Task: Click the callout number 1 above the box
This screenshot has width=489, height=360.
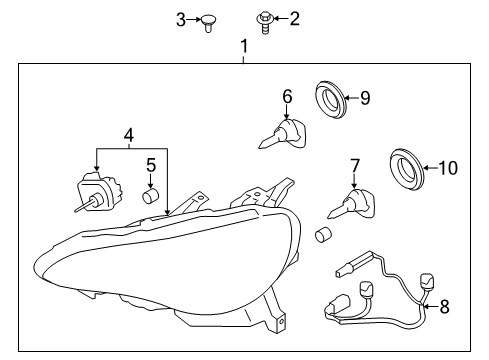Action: [244, 46]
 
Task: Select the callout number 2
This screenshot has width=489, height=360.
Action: [294, 19]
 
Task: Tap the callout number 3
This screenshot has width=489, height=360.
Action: [181, 20]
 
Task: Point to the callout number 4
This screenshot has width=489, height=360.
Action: [129, 136]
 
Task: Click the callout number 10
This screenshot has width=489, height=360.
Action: [448, 168]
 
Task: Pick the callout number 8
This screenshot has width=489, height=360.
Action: [445, 307]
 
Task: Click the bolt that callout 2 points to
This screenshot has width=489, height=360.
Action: [265, 22]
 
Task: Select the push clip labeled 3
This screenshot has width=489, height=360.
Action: [208, 23]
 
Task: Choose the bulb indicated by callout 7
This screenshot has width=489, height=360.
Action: [352, 204]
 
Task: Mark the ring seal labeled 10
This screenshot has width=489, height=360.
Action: [407, 169]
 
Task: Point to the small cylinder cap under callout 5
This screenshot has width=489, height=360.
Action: [150, 196]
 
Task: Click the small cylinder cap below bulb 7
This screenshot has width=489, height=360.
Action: [323, 235]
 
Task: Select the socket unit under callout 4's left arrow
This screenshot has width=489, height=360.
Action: [99, 192]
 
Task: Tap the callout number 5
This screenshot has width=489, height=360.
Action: [151, 165]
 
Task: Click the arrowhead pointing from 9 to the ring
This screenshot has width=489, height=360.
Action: [347, 98]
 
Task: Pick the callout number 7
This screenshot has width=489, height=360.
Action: [355, 166]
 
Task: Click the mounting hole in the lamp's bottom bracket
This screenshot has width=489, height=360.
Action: [282, 321]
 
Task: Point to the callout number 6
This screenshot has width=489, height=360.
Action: [287, 96]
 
